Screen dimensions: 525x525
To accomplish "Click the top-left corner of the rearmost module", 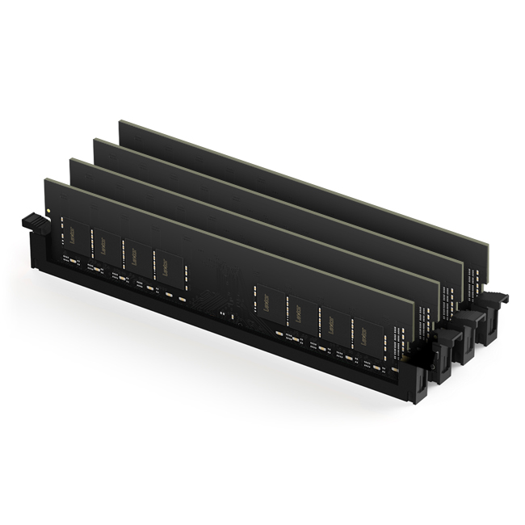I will pos(120,122).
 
